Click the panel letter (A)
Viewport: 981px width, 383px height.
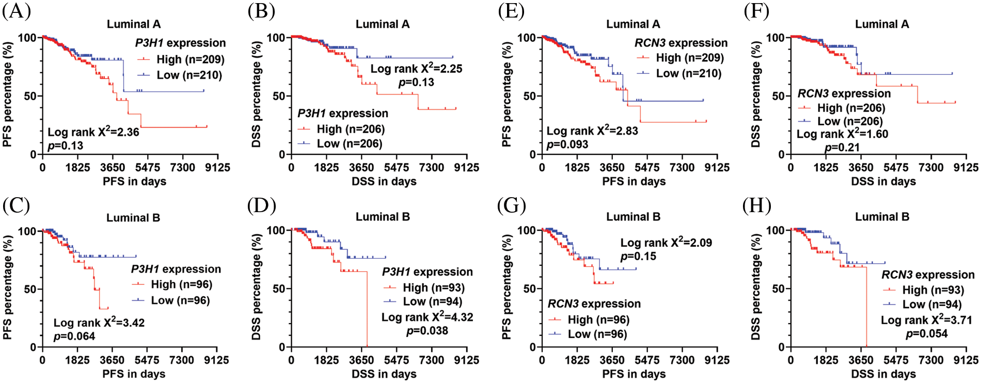pos(16,11)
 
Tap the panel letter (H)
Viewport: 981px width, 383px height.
pos(757,205)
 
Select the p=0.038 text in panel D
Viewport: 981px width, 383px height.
pos(426,331)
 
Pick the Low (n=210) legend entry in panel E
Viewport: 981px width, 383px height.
pos(688,73)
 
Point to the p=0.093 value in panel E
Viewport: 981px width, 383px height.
pos(567,145)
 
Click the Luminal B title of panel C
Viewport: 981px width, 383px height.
pos(133,218)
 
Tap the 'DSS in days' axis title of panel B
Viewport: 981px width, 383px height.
pos(384,181)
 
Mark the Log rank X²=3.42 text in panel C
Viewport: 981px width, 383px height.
pos(99,323)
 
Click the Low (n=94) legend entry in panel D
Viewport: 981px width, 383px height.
pos(432,301)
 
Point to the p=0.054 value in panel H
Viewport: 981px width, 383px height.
pos(926,333)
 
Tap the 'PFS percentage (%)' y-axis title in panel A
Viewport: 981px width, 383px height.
pos(7,96)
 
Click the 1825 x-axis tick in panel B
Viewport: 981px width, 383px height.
pos(326,167)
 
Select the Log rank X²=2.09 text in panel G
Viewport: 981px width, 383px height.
pos(666,242)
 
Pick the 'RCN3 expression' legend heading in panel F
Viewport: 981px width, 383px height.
pos(844,93)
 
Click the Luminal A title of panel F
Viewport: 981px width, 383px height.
pos(881,24)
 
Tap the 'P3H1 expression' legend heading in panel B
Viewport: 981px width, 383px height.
pos(342,113)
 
